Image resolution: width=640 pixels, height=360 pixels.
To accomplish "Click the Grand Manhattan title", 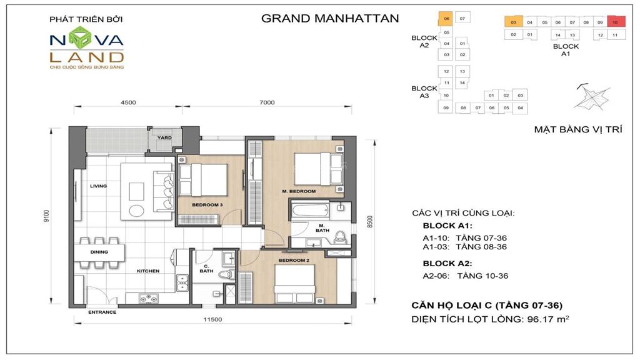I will [x=329, y=18].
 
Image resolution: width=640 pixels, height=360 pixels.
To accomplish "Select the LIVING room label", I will [x=99, y=186].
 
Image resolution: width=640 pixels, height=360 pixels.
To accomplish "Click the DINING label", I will [x=99, y=252].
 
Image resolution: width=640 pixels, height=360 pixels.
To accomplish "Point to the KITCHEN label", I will [x=149, y=271].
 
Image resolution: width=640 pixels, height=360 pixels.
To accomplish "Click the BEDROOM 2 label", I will [x=293, y=260].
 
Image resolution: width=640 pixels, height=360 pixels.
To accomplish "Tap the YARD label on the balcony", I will [x=164, y=137].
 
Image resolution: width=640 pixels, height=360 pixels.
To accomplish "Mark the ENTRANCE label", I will [x=102, y=311].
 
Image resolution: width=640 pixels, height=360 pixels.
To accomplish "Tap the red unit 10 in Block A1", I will [x=615, y=22].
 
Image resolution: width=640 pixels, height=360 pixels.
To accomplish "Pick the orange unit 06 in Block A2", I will [x=446, y=18].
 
